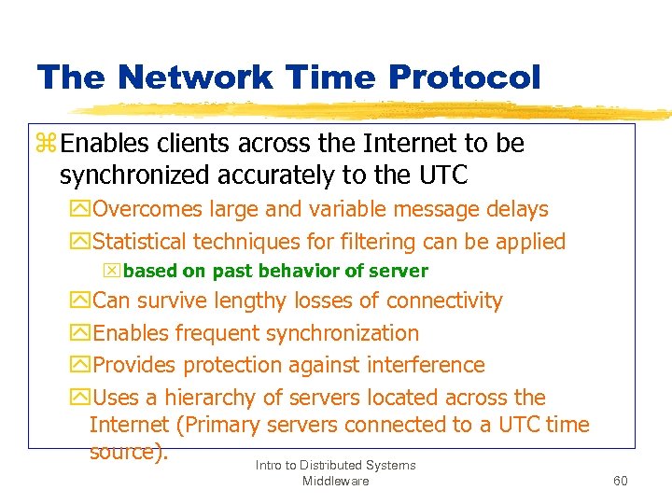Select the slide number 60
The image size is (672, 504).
point(621,481)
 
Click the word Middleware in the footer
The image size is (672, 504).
point(335,481)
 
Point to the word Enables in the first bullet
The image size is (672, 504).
point(99,144)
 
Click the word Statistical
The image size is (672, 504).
point(141,242)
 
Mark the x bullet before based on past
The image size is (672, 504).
point(113,272)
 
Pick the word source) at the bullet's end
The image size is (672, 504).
point(129,452)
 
